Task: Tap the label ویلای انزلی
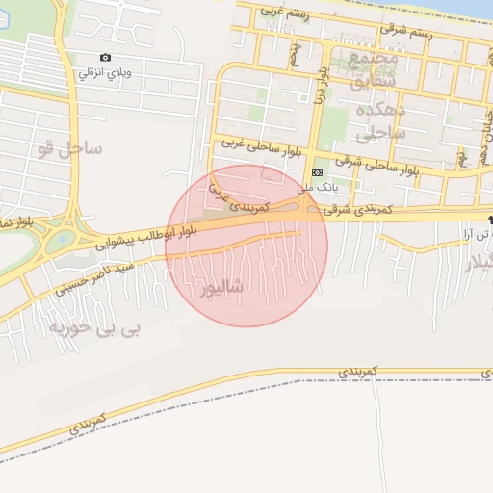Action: coord(105,72)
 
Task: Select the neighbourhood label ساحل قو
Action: coord(70,148)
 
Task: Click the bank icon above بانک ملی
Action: coord(317,173)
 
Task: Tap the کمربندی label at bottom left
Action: coord(87,421)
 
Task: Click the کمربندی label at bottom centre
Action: coord(362,370)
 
